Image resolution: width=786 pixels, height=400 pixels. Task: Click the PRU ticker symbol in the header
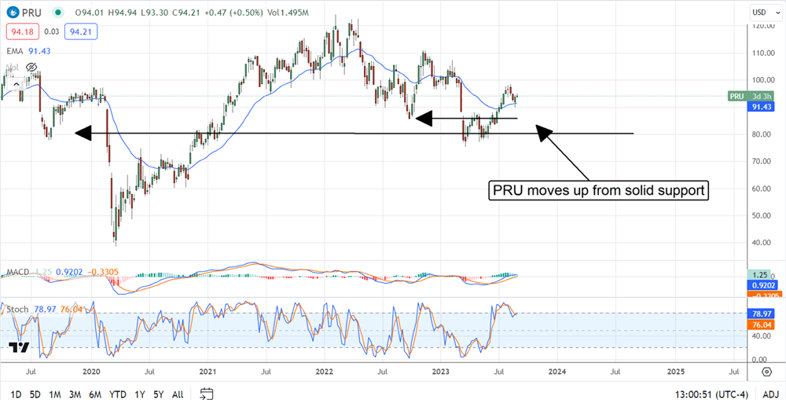[31, 13]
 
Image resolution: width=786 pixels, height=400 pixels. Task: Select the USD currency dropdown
[760, 13]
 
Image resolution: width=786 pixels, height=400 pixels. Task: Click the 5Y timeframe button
[158, 394]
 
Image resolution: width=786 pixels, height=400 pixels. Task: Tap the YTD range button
[118, 394]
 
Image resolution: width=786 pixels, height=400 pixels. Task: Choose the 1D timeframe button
[16, 394]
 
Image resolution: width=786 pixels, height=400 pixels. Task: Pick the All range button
[178, 394]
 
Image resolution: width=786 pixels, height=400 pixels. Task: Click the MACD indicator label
[17, 272]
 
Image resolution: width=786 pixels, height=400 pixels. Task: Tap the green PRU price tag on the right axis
[736, 96]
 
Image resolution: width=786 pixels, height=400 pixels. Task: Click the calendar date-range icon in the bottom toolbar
[207, 394]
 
